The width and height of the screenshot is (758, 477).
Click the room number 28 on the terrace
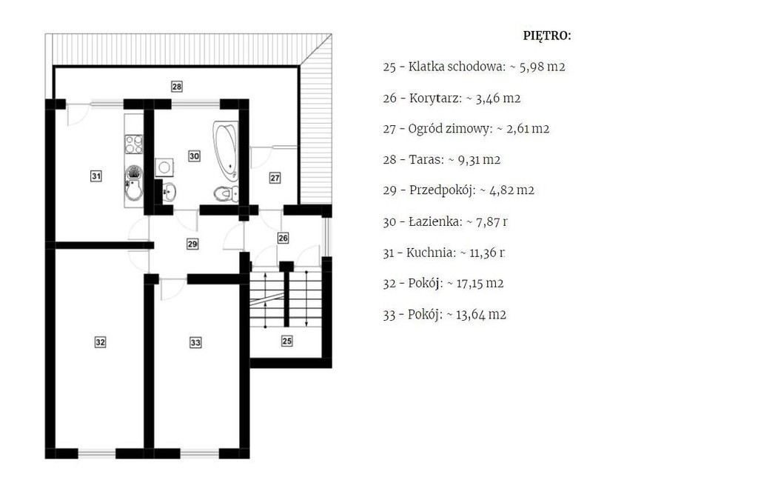coord(176,87)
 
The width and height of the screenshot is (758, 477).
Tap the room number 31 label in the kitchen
coord(96,176)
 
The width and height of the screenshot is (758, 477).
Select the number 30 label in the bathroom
coord(194,156)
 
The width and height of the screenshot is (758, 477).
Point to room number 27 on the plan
coord(275,178)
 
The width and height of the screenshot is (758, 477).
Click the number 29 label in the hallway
coord(192,244)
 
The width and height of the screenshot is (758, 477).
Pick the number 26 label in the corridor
coord(284,238)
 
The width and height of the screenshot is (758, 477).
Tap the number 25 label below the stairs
coord(286,341)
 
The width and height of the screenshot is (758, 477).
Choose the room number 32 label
coord(100,342)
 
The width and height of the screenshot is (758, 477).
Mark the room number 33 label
coord(195,342)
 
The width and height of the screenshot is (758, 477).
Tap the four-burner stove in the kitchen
coord(134,144)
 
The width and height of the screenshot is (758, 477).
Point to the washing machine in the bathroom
coord(164,167)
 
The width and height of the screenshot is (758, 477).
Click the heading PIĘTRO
coord(547,36)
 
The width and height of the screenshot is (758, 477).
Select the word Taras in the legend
coord(426,160)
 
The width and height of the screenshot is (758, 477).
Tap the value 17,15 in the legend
coord(469,284)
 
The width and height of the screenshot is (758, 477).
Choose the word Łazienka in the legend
coord(435,221)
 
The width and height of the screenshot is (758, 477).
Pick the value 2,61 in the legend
coord(517,129)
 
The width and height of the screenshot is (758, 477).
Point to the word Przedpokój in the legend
coord(442,190)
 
